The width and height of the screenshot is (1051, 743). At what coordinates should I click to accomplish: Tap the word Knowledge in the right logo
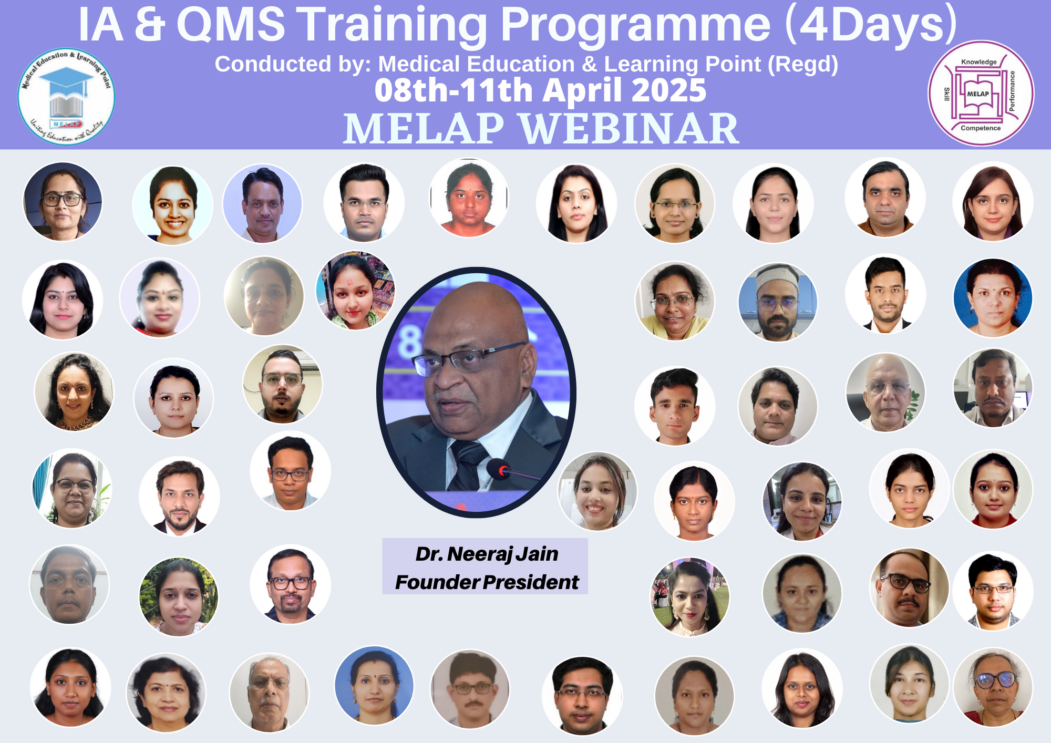[x=978, y=62]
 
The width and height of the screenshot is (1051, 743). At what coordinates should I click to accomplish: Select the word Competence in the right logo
[x=981, y=128]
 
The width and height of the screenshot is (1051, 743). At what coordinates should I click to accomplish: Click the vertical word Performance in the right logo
[x=1012, y=91]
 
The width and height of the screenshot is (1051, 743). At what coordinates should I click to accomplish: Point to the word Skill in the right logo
[x=947, y=94]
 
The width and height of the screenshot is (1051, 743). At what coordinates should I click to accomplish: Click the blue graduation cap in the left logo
[x=66, y=79]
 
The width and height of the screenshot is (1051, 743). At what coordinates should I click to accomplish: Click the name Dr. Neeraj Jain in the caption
[x=487, y=554]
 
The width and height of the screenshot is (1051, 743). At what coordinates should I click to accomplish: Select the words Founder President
[x=487, y=582]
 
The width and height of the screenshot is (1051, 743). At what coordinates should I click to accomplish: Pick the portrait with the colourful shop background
[x=355, y=291]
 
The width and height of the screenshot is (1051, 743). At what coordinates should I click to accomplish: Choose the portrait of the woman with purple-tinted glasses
[x=993, y=686]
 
